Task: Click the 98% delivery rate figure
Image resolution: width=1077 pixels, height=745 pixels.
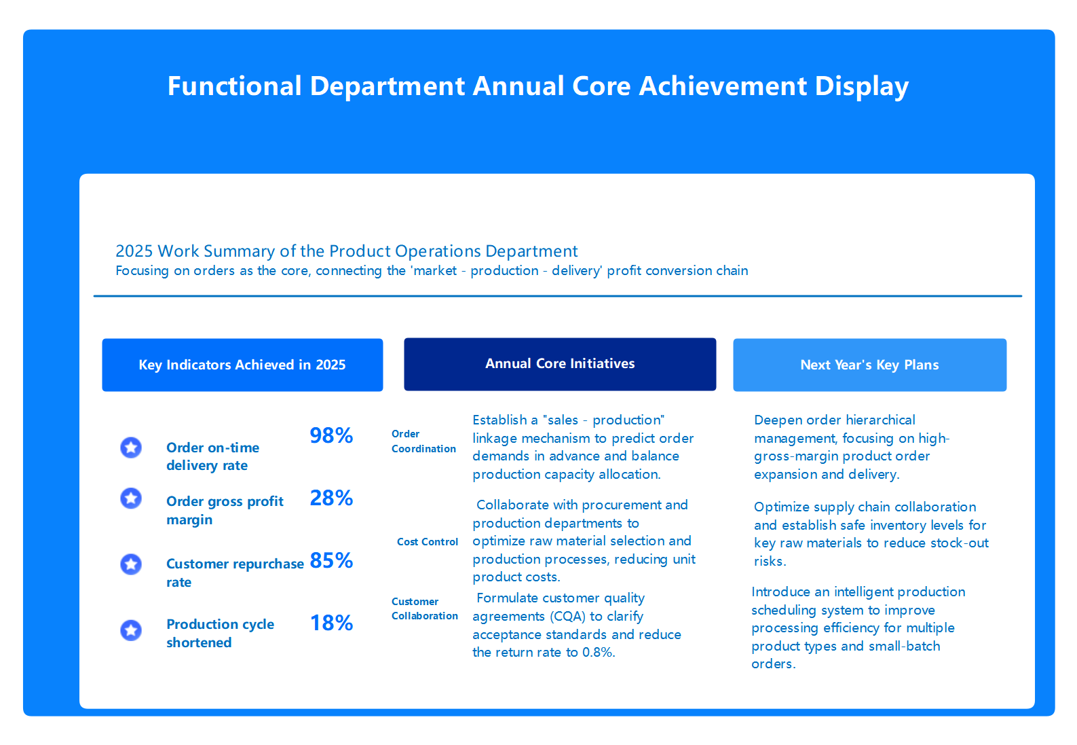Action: [x=331, y=435]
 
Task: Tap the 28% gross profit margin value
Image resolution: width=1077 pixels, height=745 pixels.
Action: [x=331, y=498]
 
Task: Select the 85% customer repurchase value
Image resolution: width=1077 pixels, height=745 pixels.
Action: [x=331, y=560]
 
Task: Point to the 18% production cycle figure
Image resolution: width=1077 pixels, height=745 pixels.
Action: [x=331, y=623]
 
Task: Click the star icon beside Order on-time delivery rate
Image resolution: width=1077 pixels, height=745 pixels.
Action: [x=131, y=448]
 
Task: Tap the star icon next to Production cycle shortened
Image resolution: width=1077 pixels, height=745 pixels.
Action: [x=131, y=630]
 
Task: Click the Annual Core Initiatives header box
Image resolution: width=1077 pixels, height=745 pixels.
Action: [x=560, y=364]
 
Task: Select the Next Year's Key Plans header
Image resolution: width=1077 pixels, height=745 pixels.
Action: [x=869, y=365]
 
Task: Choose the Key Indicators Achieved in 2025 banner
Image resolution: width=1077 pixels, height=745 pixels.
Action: [x=242, y=365]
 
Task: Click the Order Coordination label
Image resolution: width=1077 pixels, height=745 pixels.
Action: [x=423, y=441]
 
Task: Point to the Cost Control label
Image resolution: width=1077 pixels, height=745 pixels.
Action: [x=428, y=542]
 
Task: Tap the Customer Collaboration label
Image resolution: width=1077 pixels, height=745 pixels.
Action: [x=424, y=608]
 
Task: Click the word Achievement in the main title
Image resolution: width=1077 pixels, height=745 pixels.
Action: [x=723, y=86]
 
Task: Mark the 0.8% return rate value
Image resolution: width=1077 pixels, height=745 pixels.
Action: [x=598, y=653]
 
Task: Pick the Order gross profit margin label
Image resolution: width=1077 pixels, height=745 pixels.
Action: [x=225, y=510]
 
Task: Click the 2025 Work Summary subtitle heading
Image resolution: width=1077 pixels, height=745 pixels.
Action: [x=346, y=251]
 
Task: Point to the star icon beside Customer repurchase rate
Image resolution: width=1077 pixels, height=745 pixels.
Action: [x=131, y=564]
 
